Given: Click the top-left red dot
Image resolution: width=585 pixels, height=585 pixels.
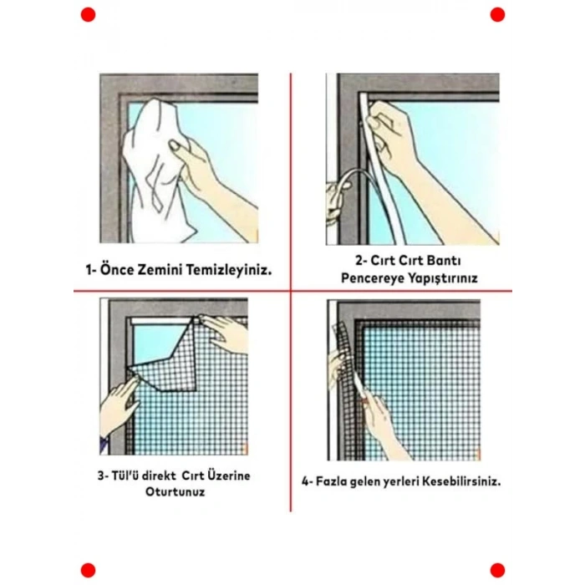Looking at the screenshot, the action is pyautogui.click(x=88, y=14).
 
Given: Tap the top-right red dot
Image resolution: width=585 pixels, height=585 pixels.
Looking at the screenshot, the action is pyautogui.click(x=497, y=14).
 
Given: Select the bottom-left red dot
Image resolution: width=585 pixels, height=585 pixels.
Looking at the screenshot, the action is pyautogui.click(x=88, y=571).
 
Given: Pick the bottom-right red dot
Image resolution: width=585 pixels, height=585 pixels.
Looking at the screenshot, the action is pyautogui.click(x=497, y=571).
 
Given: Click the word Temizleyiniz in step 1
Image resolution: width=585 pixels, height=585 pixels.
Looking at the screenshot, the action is pyautogui.click(x=229, y=269).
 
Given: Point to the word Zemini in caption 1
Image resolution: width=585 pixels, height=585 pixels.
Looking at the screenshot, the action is pyautogui.click(x=160, y=269).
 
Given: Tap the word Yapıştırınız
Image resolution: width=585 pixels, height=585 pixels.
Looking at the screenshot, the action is pyautogui.click(x=442, y=278).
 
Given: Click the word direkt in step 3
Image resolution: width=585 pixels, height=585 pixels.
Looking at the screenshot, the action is pyautogui.click(x=159, y=476).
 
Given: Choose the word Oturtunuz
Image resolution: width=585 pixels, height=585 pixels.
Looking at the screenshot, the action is pyautogui.click(x=175, y=491).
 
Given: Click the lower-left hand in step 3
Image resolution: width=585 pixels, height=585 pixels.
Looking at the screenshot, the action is pyautogui.click(x=120, y=404).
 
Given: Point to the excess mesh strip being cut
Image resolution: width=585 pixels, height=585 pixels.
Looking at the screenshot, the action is pyautogui.click(x=343, y=373).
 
